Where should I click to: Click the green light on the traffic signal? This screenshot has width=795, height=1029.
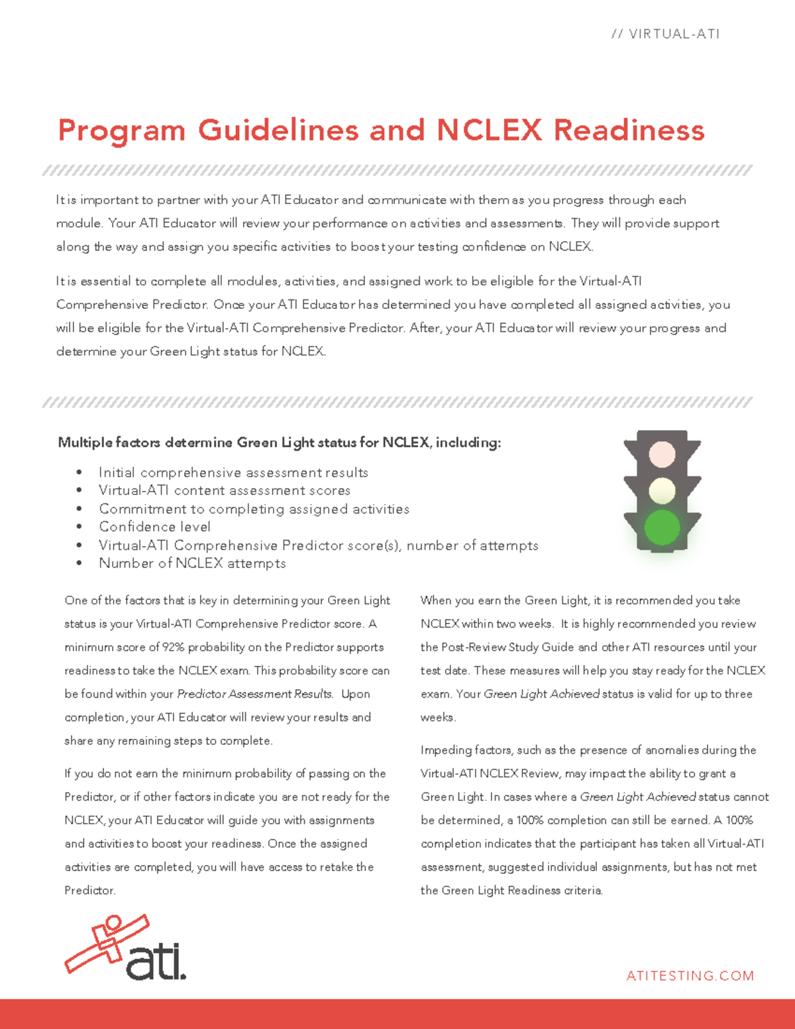662,527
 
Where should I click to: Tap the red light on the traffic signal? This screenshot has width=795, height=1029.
662,455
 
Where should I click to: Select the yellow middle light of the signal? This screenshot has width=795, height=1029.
662,491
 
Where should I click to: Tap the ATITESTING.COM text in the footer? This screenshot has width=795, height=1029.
690,975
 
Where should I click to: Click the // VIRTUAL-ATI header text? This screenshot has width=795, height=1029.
665,34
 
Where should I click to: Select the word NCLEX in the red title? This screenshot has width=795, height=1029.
489,130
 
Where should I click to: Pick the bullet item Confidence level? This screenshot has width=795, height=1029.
154,527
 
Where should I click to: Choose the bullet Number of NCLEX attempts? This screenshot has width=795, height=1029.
192,563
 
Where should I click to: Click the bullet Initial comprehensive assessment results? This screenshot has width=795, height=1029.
233,472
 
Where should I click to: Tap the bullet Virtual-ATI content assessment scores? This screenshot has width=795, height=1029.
225,490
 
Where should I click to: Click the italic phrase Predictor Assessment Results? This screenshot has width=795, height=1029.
254,694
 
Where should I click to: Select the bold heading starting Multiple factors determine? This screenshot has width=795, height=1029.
279,442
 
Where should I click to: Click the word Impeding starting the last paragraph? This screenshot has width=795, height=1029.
443,750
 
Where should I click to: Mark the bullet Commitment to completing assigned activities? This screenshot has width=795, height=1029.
254,509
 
